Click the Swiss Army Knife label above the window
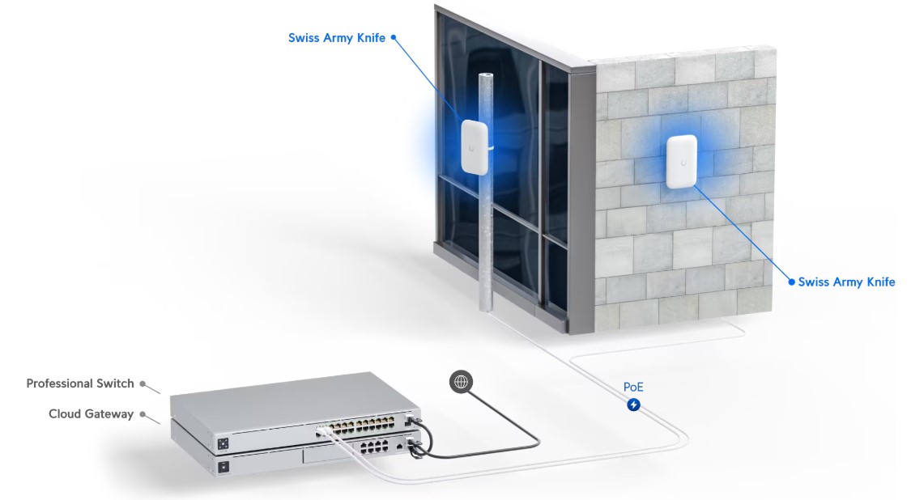(x=336, y=38)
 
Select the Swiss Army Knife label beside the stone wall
(x=846, y=282)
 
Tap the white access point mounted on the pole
(x=475, y=147)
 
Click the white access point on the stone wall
(x=682, y=162)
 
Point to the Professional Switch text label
(x=80, y=383)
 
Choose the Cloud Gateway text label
(x=92, y=414)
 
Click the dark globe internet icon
(x=461, y=382)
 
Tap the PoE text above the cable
(x=633, y=387)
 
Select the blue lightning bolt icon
(x=633, y=405)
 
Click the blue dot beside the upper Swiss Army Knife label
(x=394, y=37)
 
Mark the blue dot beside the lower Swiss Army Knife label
(x=791, y=282)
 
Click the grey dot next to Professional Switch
(x=143, y=383)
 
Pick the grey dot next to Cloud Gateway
(x=143, y=414)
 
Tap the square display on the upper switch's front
(x=223, y=444)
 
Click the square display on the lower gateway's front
(x=223, y=466)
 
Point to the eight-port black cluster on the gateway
(x=374, y=446)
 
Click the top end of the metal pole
(x=486, y=75)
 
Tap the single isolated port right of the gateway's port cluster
(x=400, y=446)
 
